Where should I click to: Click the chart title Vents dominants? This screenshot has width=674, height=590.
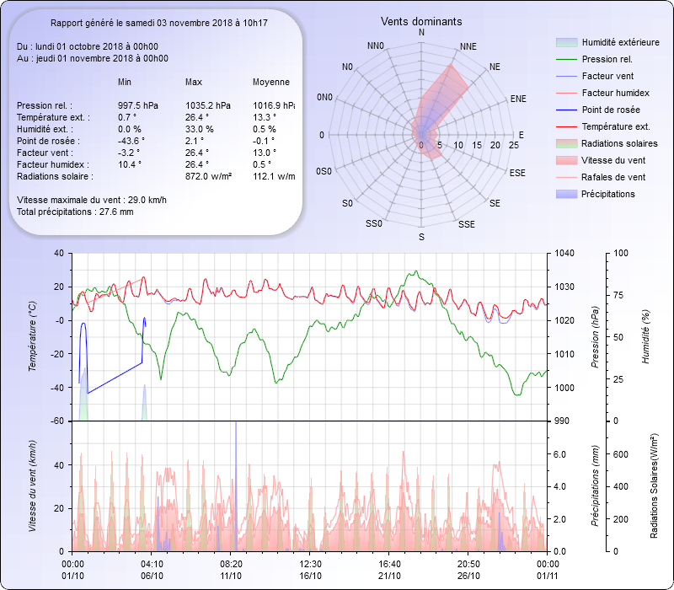tap(421, 21)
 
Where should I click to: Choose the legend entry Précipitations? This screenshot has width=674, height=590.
tap(608, 194)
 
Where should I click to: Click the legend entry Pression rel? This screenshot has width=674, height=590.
tap(607, 59)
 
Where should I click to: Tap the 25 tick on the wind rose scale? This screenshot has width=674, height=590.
tap(515, 146)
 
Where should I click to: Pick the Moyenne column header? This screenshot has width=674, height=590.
tap(271, 83)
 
